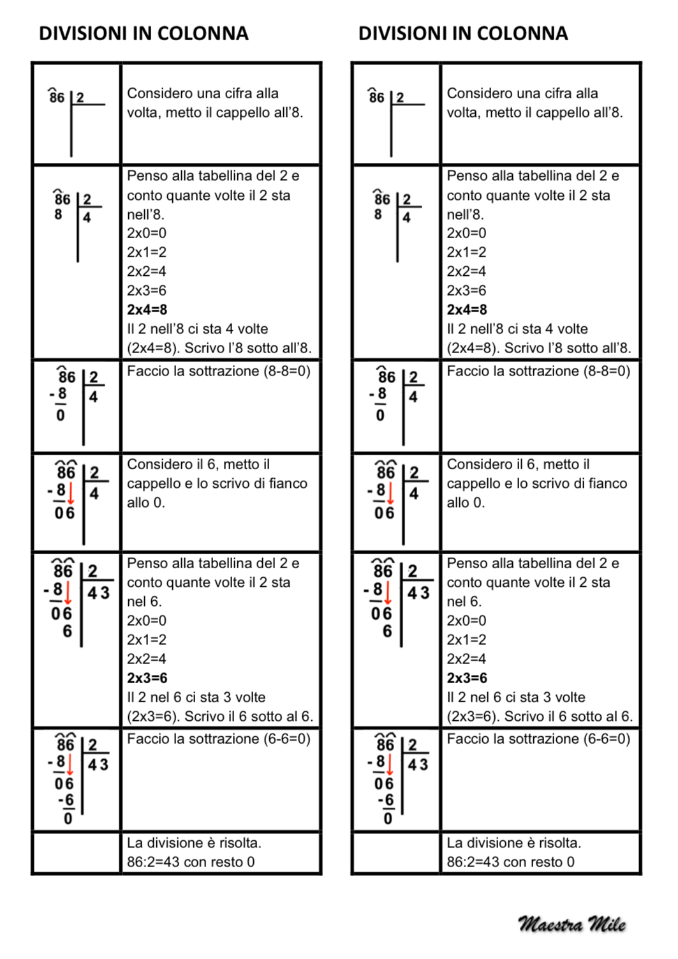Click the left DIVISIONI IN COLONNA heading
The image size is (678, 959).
144,33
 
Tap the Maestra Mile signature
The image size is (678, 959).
571,924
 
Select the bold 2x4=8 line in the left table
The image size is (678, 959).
147,310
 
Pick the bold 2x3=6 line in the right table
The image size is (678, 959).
467,678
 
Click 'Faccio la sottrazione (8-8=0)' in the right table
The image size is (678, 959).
538,371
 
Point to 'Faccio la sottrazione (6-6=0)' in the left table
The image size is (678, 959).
219,739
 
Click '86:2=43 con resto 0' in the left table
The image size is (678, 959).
191,862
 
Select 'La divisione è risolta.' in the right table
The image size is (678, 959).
514,843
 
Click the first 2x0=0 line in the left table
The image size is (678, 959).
147,233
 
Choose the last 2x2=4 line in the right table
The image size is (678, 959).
466,659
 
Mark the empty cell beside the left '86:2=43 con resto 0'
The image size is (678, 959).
77,853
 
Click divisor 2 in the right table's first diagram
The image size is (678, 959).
400,98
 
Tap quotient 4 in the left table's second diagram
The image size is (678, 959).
87,218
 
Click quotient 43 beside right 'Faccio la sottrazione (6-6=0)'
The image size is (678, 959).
418,765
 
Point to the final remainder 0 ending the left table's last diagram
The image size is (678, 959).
68,819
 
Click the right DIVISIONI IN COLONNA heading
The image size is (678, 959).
463,33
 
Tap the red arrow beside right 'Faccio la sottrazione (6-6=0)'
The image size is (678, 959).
390,766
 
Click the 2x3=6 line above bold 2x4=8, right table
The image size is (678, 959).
466,291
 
